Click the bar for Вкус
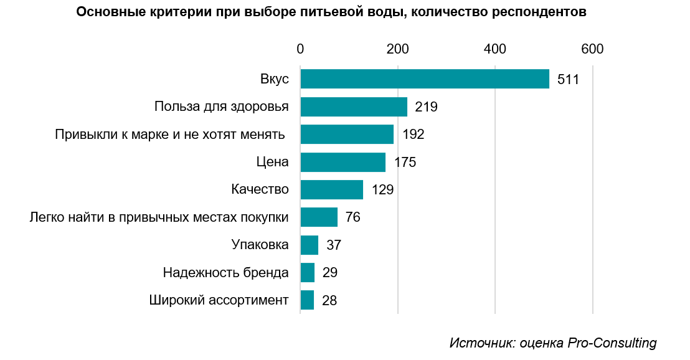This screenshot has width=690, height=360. (425, 79)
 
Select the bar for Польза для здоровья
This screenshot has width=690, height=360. (354, 107)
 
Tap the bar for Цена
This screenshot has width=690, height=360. (343, 162)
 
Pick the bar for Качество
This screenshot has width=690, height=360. (331, 189)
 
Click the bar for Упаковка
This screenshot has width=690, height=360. (309, 245)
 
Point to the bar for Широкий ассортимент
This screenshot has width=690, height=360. (307, 300)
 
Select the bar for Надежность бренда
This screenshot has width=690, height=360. (307, 272)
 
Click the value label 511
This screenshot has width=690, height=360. (569, 80)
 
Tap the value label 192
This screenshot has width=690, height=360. (413, 135)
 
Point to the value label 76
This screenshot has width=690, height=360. (353, 217)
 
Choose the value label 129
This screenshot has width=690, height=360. (382, 190)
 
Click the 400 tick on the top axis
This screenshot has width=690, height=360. (495, 49)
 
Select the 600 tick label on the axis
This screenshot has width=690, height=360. (592, 49)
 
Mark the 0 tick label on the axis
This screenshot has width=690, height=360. (300, 49)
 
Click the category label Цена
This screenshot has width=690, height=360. (273, 163)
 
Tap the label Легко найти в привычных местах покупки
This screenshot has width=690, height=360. (159, 217)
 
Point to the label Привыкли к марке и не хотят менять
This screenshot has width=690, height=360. (169, 135)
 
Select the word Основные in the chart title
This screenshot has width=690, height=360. (104, 12)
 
